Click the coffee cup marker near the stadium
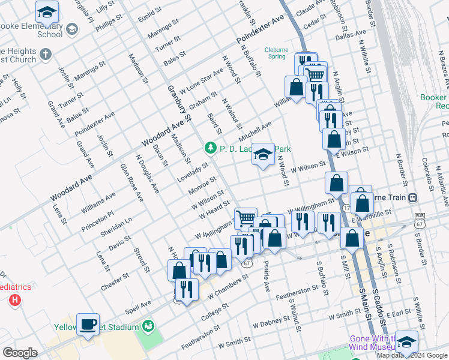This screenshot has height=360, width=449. (88, 325)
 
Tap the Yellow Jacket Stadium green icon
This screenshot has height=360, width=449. (147, 326)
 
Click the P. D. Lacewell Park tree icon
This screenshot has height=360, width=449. (210, 147)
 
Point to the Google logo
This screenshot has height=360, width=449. (20, 353)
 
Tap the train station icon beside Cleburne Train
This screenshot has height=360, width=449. (412, 197)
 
